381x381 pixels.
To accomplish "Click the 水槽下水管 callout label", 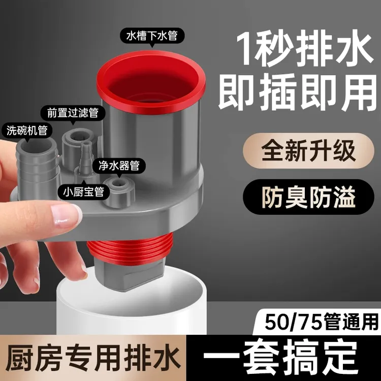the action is click(x=152, y=36).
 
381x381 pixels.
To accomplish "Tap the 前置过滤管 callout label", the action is click(x=73, y=113).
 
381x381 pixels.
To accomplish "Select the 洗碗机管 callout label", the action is click(x=27, y=131).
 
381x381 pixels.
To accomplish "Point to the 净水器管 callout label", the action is click(x=119, y=166).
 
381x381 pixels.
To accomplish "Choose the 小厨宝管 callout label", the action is click(x=83, y=192).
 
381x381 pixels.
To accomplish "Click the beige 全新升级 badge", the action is click(x=308, y=151).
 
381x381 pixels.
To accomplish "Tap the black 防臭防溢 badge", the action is click(x=308, y=197).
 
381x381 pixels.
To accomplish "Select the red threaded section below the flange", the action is click(x=130, y=251).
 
